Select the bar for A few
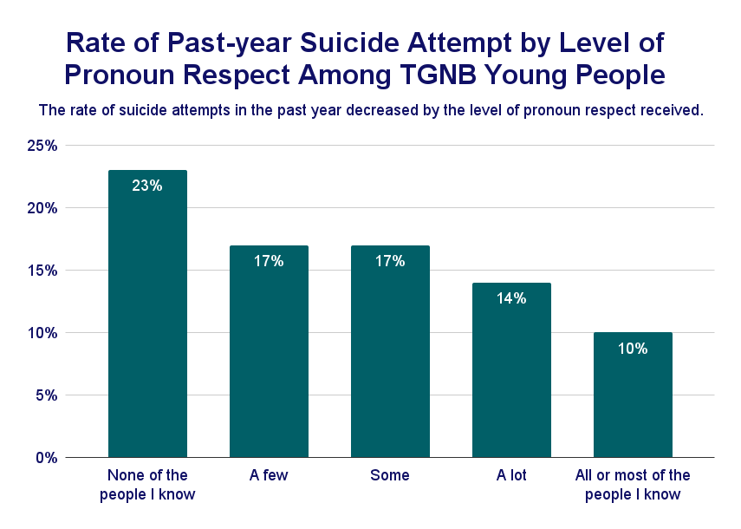[x=269, y=351]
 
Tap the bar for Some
[x=390, y=351]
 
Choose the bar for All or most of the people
[x=633, y=395]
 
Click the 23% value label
[x=147, y=185]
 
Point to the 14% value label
[x=511, y=298]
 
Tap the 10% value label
[x=633, y=349]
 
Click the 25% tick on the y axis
[x=42, y=146]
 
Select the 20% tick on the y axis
[x=42, y=208]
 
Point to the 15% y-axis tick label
[x=42, y=271]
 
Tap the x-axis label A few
[x=269, y=475]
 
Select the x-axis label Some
[x=390, y=475]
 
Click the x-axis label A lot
[x=511, y=475]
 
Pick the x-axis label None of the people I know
[x=147, y=485]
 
